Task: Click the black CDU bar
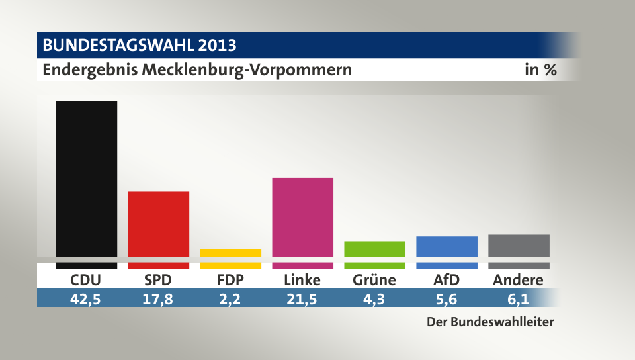(x=87, y=179)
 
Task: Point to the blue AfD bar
(x=446, y=246)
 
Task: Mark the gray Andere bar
(x=519, y=246)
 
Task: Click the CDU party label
(x=86, y=280)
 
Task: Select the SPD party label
(x=158, y=280)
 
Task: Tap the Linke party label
(x=302, y=280)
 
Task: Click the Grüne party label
(x=374, y=280)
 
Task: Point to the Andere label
(x=518, y=280)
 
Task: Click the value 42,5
(x=86, y=298)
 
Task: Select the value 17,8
(x=158, y=298)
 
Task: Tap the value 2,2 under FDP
(x=230, y=298)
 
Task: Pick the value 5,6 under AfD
(x=446, y=298)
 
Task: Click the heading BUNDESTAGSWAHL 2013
(x=140, y=46)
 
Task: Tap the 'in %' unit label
(x=540, y=69)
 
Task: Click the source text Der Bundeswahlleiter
(x=489, y=323)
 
